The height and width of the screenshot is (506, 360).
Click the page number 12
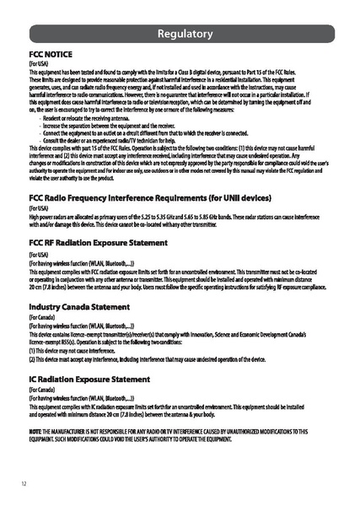click(x=24, y=483)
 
